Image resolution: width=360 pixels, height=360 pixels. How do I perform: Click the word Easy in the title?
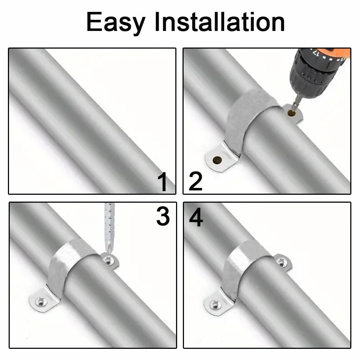pos(116,22)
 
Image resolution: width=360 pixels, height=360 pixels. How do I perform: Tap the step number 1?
pos(163,182)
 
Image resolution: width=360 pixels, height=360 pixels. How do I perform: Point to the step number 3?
pos(163,216)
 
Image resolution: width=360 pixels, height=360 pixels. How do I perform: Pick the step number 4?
pos(196,217)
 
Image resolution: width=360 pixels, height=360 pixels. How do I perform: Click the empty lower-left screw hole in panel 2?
pos(217,160)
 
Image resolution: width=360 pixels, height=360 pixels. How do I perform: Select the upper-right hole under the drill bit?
pos(291,113)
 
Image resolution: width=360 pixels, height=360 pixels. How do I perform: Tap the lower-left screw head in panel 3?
pos(41,301)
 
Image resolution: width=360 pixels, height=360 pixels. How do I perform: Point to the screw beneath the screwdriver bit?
pos(108,260)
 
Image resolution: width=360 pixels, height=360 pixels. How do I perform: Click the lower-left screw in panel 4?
pos(216,305)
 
